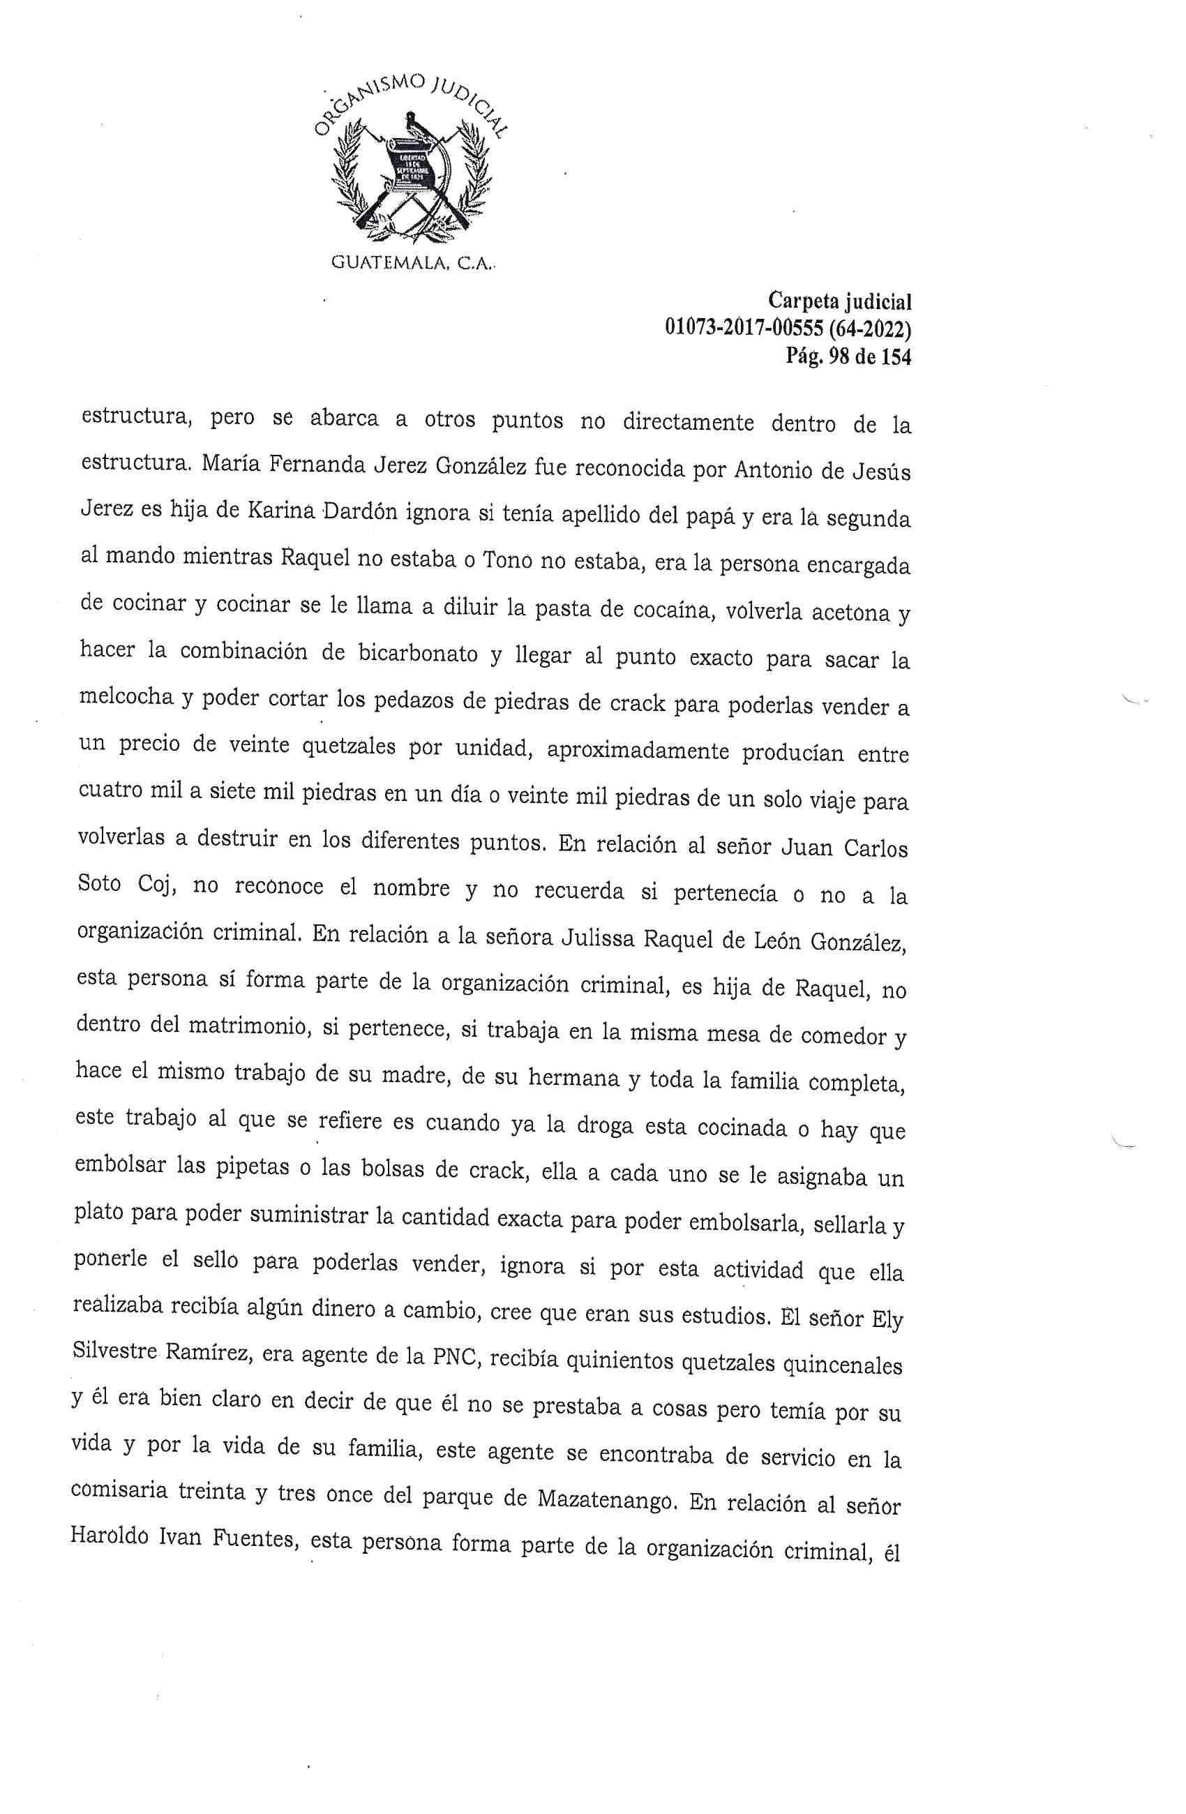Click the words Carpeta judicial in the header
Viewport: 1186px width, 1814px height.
click(x=839, y=302)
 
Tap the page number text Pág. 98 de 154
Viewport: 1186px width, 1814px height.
click(x=848, y=356)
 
